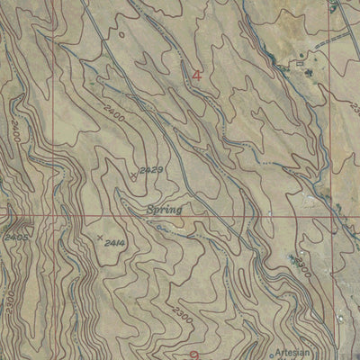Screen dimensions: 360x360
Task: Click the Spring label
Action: coord(163,210)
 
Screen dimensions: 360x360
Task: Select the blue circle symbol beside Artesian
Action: coord(272,355)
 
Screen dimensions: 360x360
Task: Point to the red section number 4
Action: coord(196,76)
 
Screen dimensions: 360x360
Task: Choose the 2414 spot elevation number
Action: coord(114,243)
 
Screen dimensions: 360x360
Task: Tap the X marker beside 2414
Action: coord(98,238)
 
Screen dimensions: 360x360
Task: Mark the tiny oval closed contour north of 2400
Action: coord(120,35)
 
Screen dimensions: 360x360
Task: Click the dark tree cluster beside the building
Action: coord(310,68)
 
